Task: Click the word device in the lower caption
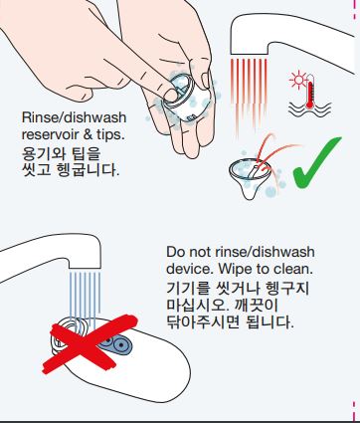coord(189,269)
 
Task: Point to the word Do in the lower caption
coord(177,252)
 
